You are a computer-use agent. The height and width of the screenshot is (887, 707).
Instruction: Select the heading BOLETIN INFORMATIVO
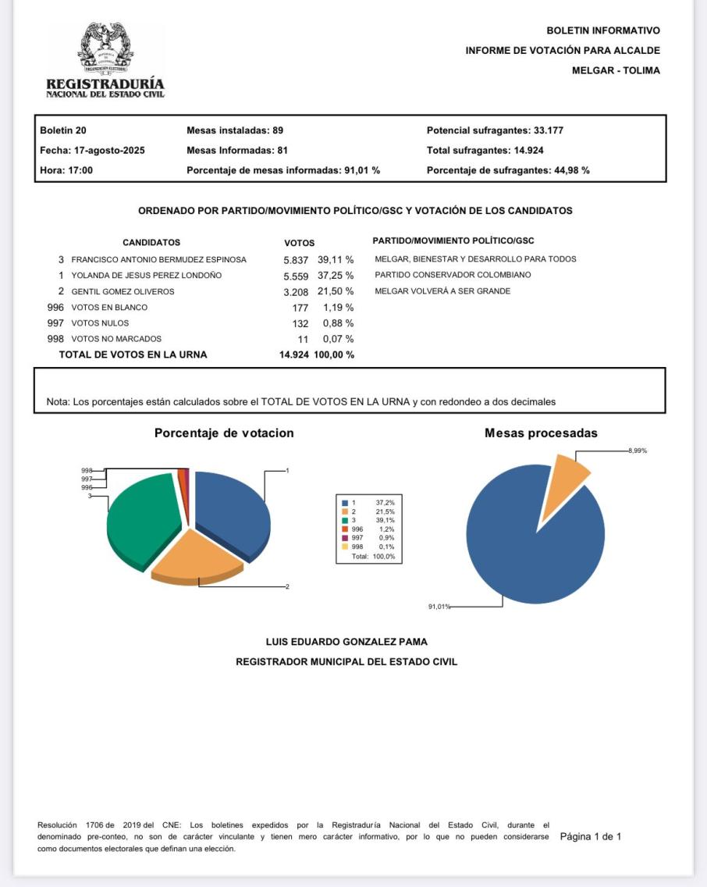click(x=603, y=30)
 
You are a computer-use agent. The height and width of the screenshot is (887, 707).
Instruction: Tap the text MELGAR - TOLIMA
click(x=616, y=71)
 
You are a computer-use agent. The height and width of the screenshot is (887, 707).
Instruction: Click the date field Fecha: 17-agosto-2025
click(x=92, y=150)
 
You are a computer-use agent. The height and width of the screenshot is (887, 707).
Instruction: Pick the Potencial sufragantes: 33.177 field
click(x=495, y=130)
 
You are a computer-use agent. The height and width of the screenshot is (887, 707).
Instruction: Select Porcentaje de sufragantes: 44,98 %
click(x=508, y=170)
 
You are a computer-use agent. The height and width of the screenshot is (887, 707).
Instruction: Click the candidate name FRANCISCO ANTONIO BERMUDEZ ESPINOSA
click(x=158, y=259)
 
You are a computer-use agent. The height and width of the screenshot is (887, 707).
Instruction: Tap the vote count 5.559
click(x=297, y=276)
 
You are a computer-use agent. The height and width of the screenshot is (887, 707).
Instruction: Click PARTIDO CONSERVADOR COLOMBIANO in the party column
click(x=453, y=275)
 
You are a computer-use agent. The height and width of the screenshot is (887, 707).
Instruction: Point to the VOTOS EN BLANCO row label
click(x=109, y=308)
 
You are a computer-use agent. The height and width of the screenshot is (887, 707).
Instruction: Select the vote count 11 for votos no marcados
click(x=303, y=339)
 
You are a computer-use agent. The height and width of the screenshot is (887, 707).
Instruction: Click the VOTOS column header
click(x=300, y=243)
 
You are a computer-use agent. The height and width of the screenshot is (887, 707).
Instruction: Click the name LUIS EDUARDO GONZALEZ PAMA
click(x=346, y=642)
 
